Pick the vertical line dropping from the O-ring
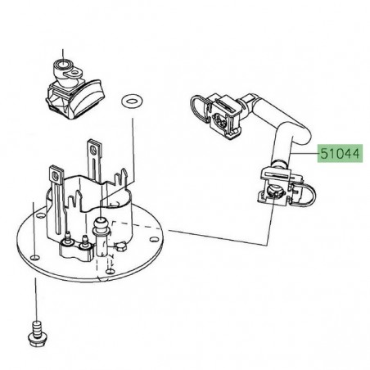point(132,147)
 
